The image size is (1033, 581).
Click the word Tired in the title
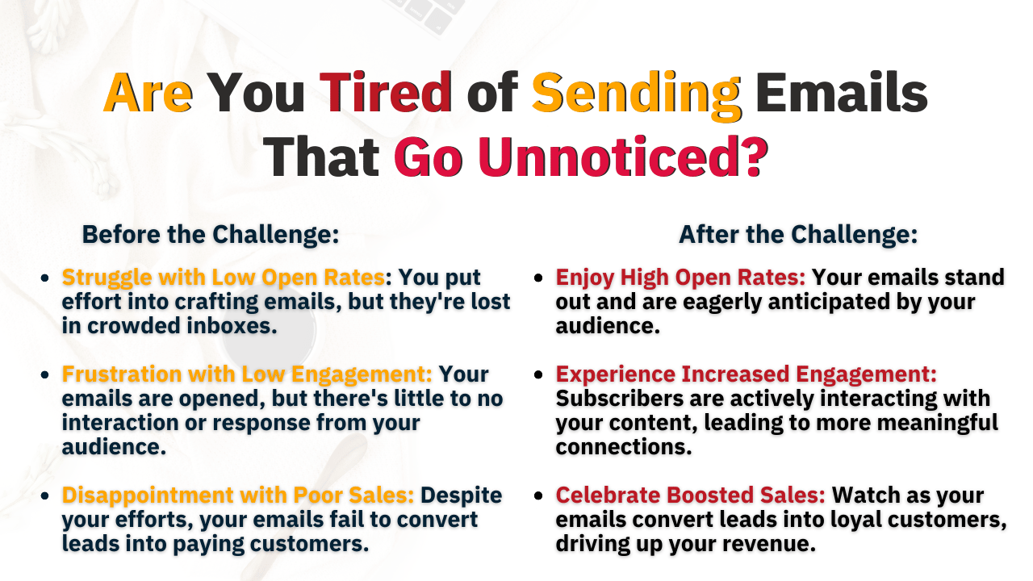point(386,92)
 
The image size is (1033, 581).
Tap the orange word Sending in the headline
point(637,96)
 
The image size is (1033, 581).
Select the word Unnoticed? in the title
point(623,157)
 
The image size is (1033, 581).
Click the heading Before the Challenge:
point(211,235)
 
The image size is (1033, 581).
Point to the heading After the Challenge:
point(798,235)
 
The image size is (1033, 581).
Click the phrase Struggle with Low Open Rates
point(224,278)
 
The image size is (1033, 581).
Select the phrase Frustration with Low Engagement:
point(247,374)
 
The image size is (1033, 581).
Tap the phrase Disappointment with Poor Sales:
point(238,495)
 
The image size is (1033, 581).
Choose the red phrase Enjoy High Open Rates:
point(680,278)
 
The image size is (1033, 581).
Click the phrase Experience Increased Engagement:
point(747,374)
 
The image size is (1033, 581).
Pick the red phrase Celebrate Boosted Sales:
point(690,495)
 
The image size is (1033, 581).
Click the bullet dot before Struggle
point(44,278)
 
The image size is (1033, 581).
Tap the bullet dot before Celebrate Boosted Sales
point(538,495)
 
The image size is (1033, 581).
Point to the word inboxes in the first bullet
point(228,326)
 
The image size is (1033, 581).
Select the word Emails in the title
point(842,92)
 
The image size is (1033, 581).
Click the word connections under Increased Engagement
point(624,447)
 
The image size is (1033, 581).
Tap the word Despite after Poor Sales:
point(461,496)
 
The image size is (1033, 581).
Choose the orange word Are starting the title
point(148,92)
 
